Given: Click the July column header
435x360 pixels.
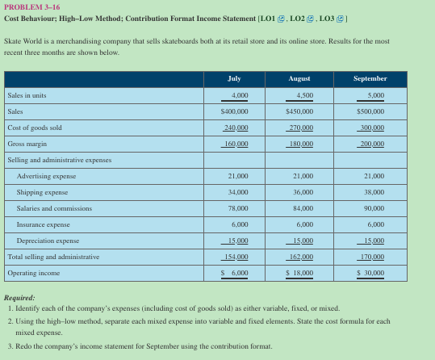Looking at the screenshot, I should pos(235,79).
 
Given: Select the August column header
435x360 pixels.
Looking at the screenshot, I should pos(299,79).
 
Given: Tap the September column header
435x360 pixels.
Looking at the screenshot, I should pos(370,79).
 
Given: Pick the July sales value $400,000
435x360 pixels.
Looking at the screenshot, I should pos(235,111).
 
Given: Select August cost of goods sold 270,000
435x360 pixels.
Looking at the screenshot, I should pos(299,128).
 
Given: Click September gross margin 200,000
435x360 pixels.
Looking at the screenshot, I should pos(370,144).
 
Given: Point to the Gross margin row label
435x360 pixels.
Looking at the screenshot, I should pos(26,144).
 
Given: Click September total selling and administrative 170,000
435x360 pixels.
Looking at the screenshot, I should pos(370,257).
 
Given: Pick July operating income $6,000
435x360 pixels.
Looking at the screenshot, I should pos(235,274).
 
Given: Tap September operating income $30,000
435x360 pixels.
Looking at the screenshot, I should pos(370,274).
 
